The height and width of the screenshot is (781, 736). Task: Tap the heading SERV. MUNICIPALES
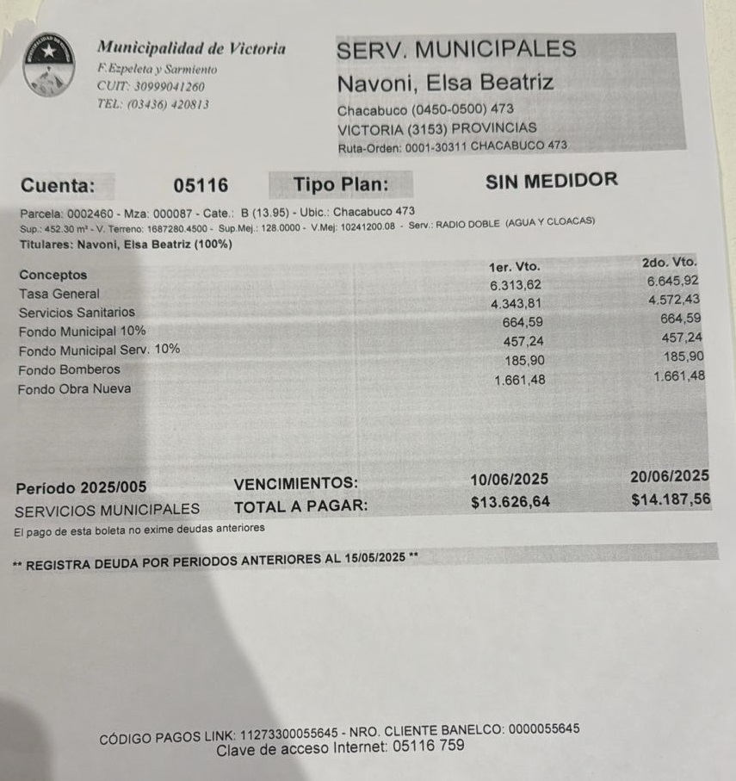[x=456, y=49]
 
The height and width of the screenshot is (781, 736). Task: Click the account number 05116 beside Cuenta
[x=201, y=185]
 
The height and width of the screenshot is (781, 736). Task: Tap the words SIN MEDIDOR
[x=552, y=180]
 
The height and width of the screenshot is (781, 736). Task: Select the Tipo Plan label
[x=341, y=184]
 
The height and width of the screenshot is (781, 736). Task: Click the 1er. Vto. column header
[x=514, y=267]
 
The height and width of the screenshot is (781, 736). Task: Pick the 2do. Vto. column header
[x=670, y=262]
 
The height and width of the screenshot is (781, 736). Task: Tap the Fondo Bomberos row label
[x=70, y=369]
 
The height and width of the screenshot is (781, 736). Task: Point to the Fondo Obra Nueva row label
[x=75, y=389]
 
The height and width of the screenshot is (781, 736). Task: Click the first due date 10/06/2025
[x=510, y=480]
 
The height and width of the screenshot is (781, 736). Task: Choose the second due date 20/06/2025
[x=670, y=476]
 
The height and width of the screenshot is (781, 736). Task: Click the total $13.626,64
[x=510, y=502]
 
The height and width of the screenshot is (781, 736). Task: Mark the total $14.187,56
[x=671, y=499]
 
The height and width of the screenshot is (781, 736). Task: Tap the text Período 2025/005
[x=81, y=488]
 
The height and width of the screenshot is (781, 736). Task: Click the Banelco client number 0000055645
[x=544, y=729]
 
